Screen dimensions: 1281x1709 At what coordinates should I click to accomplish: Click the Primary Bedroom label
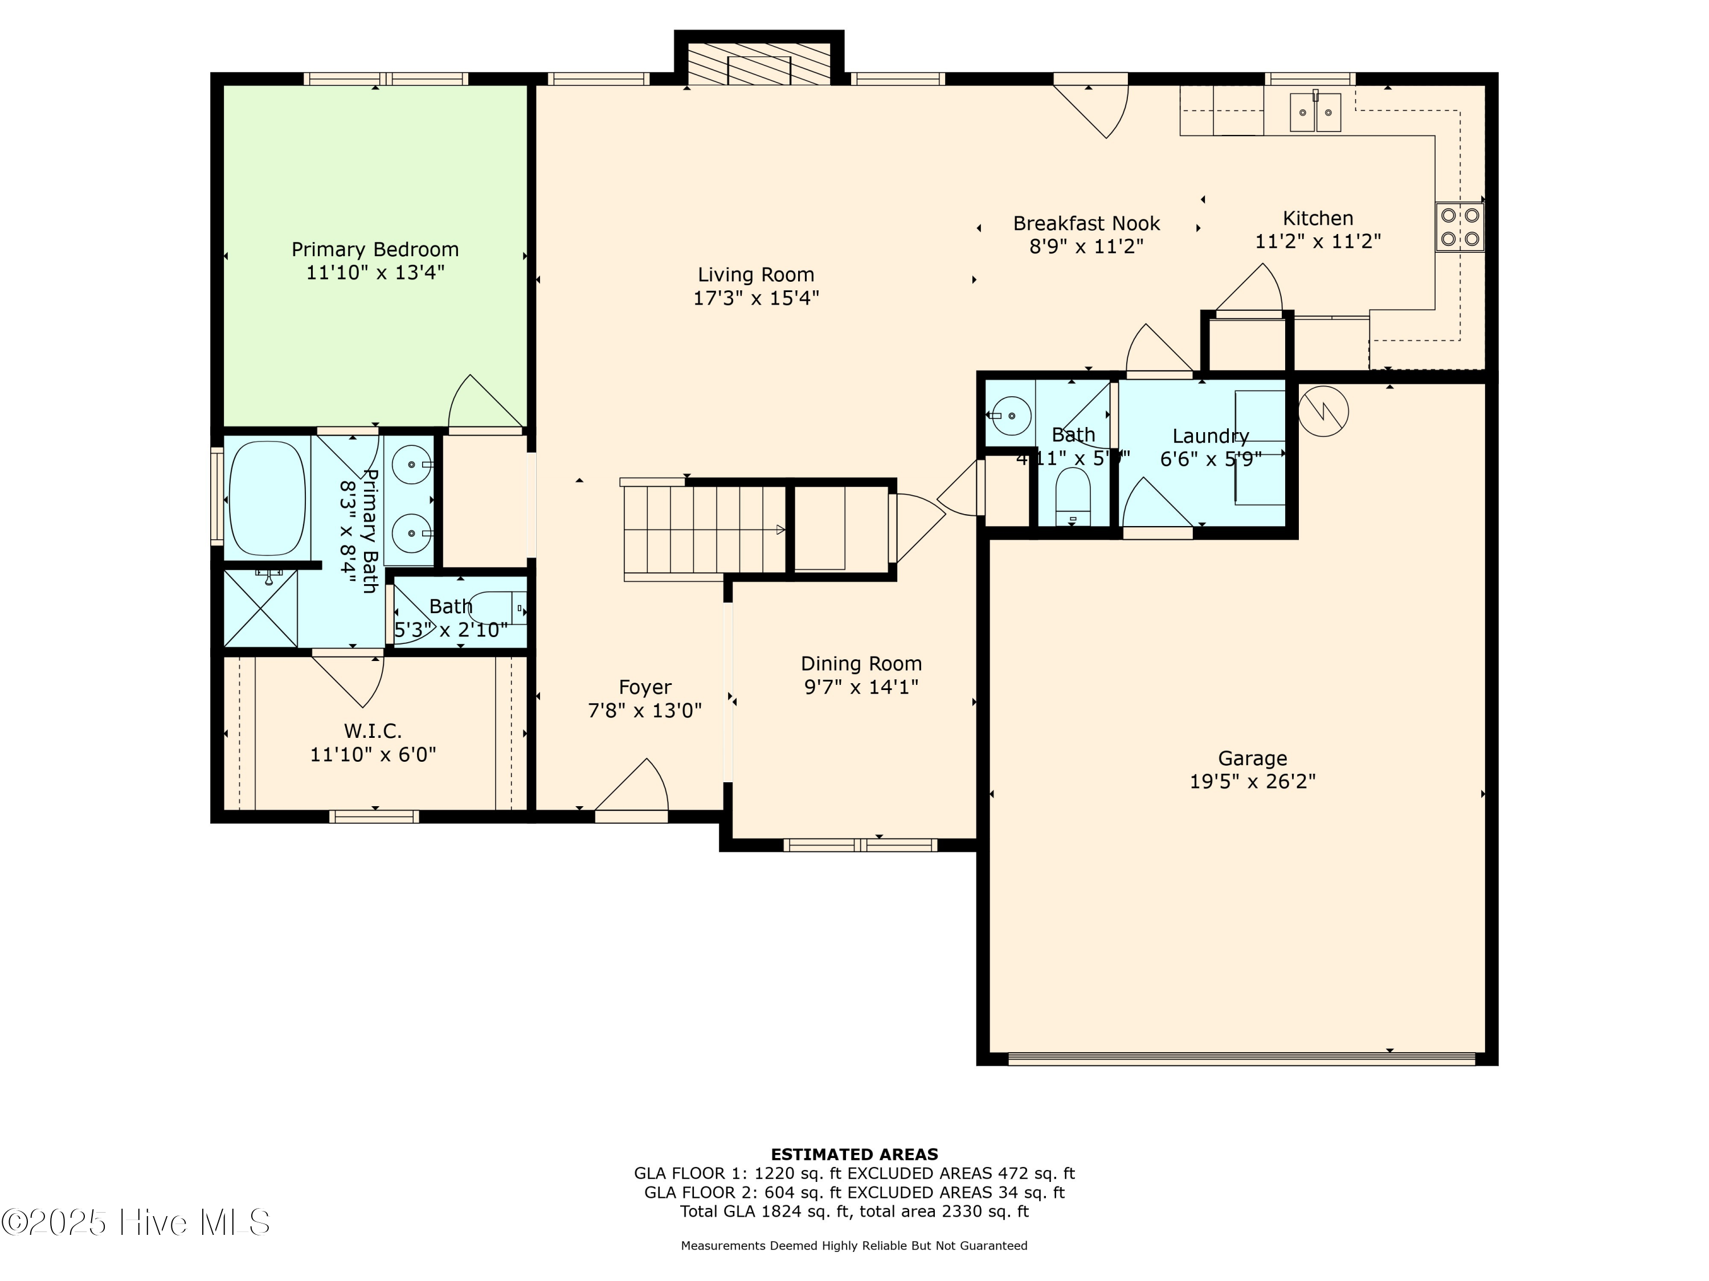coord(375,249)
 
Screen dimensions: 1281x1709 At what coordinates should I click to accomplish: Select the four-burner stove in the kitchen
coord(1459,227)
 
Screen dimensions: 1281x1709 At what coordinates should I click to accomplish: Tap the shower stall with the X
coord(260,609)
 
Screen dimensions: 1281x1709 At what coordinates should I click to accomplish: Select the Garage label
coord(1252,758)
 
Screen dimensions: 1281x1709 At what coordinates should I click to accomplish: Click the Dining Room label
coord(861,663)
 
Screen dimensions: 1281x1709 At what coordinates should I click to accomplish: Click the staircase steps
coord(703,529)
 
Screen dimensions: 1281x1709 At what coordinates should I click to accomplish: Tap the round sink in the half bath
coord(1011,416)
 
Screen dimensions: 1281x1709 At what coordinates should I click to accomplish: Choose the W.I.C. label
coord(373,730)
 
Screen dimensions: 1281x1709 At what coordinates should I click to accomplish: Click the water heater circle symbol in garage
coord(1323,411)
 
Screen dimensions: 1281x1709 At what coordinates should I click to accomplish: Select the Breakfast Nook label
coord(1086,223)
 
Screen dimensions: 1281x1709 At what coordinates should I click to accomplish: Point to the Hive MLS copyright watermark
coord(136,1222)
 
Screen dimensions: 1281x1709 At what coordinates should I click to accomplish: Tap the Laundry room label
coord(1210,436)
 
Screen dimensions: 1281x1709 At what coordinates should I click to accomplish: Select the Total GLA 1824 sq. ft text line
coord(854,1211)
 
